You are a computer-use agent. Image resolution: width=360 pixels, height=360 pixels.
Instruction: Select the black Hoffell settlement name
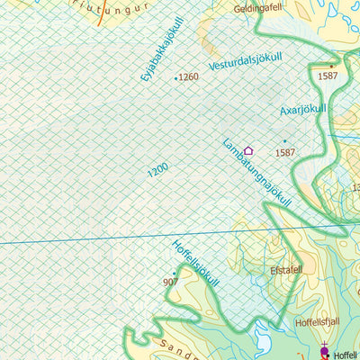[346, 355]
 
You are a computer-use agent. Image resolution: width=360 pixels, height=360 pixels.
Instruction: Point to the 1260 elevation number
[189, 77]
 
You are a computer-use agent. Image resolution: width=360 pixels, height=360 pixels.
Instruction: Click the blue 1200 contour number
[157, 168]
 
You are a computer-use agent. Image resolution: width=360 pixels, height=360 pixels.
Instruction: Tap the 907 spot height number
[171, 282]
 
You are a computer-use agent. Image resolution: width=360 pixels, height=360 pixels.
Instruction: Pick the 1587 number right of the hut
[285, 152]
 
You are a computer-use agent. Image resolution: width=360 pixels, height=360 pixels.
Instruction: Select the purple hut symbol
[248, 151]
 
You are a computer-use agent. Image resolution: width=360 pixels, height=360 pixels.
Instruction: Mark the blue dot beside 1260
[175, 79]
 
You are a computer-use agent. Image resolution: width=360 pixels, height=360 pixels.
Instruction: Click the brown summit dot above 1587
[330, 66]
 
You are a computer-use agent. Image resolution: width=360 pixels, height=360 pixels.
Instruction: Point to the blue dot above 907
[174, 273]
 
